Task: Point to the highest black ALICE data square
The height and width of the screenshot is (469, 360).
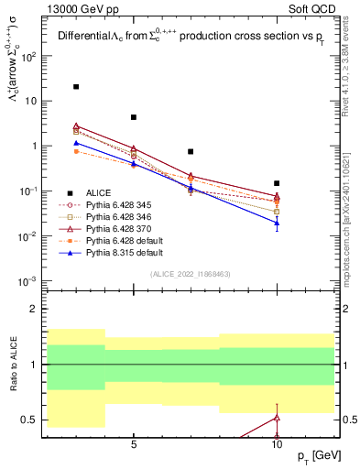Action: (x=76, y=87)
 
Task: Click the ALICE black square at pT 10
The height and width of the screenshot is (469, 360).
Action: (x=277, y=183)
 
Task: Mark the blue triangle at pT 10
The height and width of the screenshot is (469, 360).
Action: (x=277, y=223)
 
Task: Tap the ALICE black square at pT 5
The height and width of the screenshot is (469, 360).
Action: (x=134, y=117)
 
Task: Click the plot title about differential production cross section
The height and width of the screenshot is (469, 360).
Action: (x=192, y=38)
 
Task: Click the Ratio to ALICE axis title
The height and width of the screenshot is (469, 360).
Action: (x=13, y=364)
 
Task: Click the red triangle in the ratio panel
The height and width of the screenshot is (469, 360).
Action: (x=277, y=418)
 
